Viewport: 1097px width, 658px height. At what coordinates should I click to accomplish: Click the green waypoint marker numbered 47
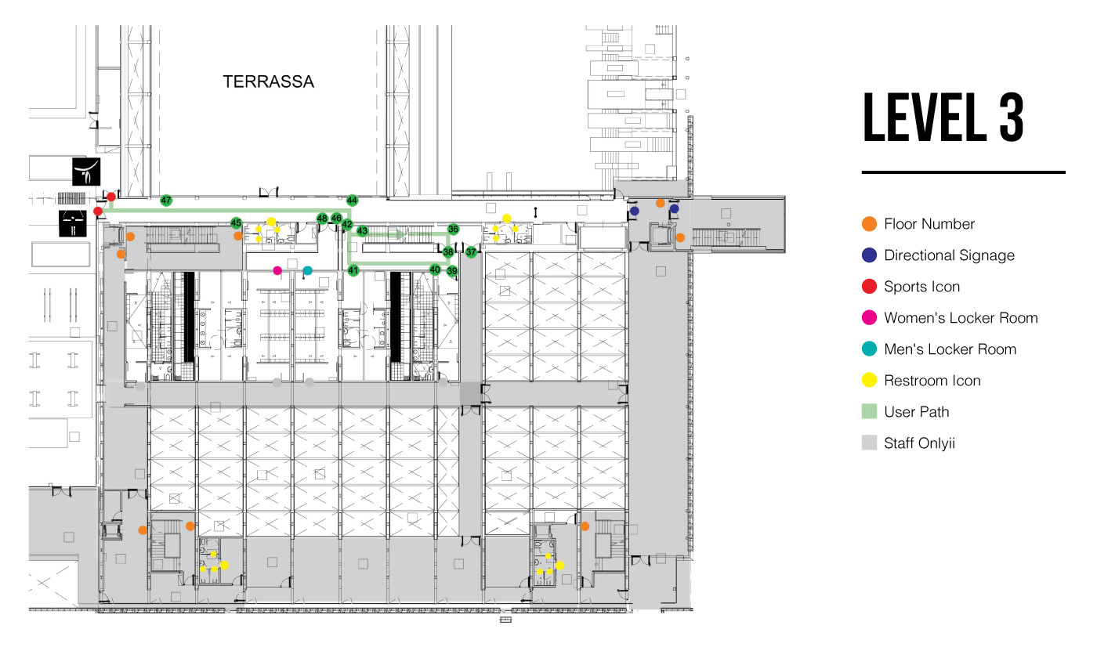(x=166, y=201)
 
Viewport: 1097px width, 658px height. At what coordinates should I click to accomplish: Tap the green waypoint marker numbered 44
(x=353, y=201)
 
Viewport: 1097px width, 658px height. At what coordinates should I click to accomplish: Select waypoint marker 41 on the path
(x=353, y=270)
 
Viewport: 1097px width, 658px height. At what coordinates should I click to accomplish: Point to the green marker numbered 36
(x=453, y=230)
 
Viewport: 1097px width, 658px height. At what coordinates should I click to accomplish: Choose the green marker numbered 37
(x=471, y=252)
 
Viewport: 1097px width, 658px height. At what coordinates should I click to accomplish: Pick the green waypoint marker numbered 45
(x=237, y=223)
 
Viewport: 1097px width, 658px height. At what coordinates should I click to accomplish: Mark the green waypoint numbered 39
(x=452, y=271)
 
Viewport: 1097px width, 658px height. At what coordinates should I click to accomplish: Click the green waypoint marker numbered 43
(x=363, y=231)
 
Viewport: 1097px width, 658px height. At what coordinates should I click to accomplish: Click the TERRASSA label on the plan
(x=269, y=81)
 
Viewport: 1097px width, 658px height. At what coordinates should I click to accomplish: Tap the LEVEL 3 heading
(x=943, y=119)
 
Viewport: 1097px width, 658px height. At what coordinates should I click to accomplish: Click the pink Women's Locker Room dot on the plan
(x=277, y=270)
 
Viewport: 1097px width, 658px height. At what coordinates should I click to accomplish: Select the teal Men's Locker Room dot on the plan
(x=307, y=270)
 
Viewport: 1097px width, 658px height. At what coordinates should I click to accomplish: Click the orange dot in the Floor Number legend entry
(x=868, y=224)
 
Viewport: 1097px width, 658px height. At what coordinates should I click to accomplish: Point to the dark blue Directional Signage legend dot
(x=868, y=255)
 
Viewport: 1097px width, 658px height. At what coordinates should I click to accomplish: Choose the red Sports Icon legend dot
(x=868, y=287)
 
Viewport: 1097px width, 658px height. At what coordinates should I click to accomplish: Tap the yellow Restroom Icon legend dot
(x=868, y=381)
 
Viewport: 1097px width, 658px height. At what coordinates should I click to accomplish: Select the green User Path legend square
(x=868, y=412)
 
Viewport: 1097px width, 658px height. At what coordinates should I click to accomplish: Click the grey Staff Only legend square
(x=868, y=443)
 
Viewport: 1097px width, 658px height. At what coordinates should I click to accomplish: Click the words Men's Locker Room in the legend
(x=950, y=349)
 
